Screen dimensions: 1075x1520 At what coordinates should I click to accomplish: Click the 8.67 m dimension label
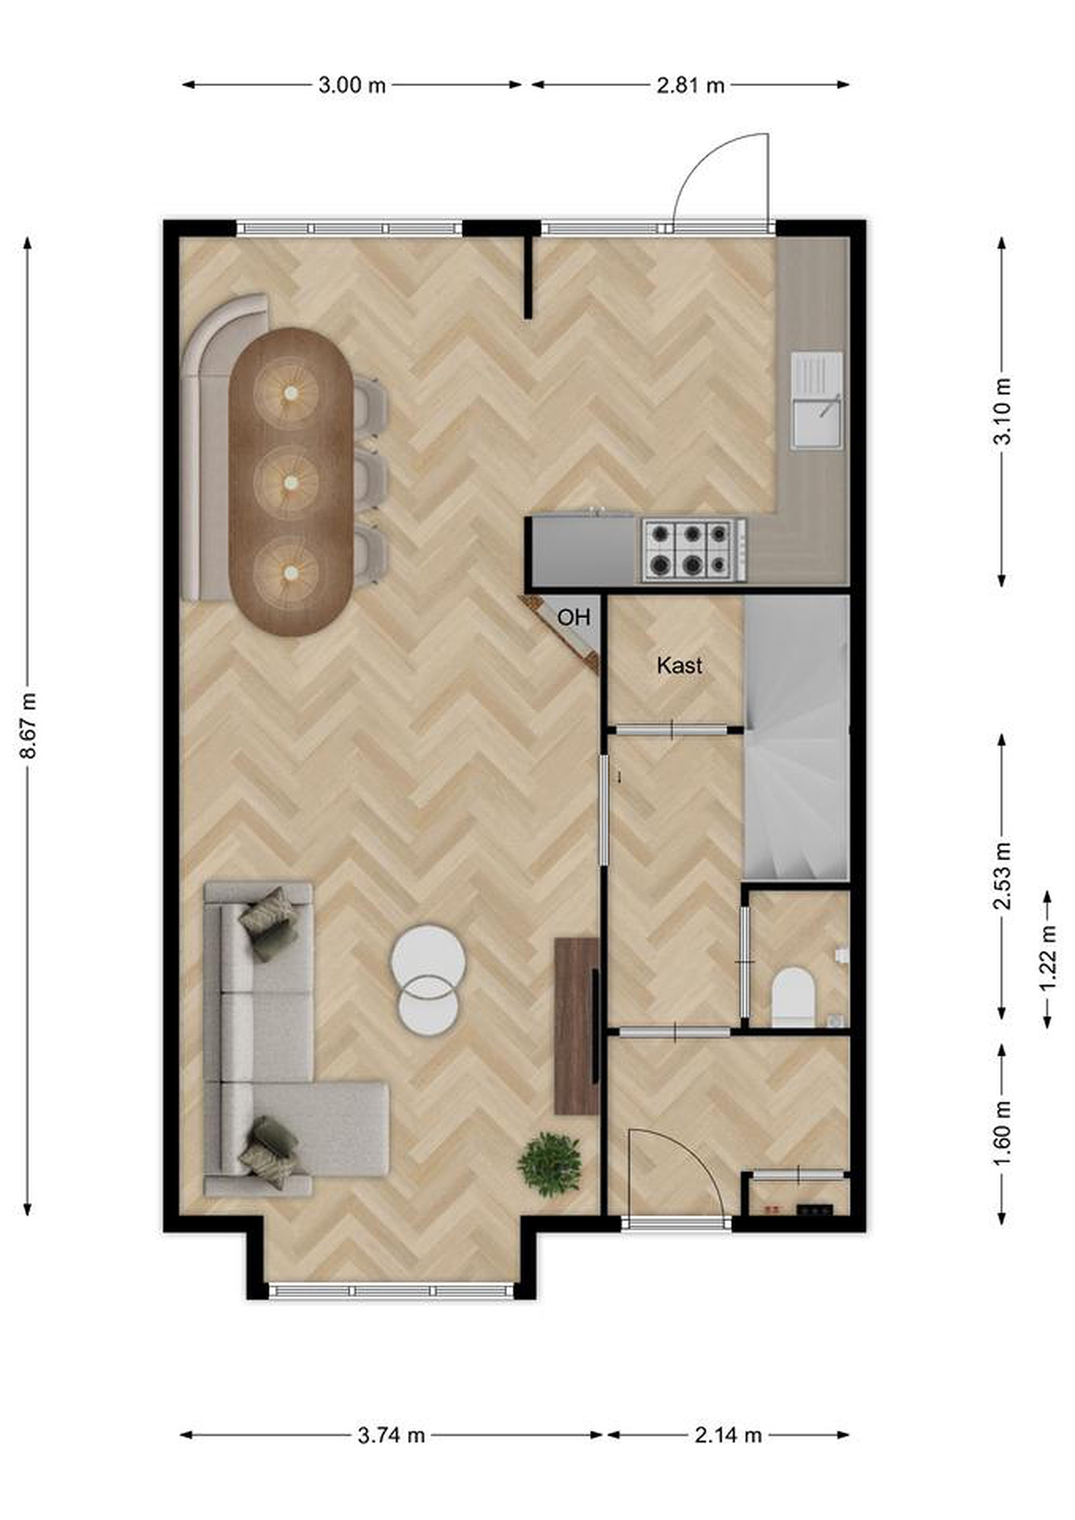pos(28,725)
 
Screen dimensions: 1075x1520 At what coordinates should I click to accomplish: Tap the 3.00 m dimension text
pos(351,85)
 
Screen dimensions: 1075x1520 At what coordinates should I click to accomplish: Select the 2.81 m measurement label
pos(690,85)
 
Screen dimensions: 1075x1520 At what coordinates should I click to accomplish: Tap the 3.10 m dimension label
pos(1002,411)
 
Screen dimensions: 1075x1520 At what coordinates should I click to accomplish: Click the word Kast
pos(679,666)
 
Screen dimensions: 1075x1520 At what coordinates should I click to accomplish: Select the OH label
pos(573,617)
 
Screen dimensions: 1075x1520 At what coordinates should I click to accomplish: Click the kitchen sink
pos(817,401)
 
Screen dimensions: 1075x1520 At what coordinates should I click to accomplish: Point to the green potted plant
pos(549,1164)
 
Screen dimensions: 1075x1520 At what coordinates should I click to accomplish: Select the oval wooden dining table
pos(291,482)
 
